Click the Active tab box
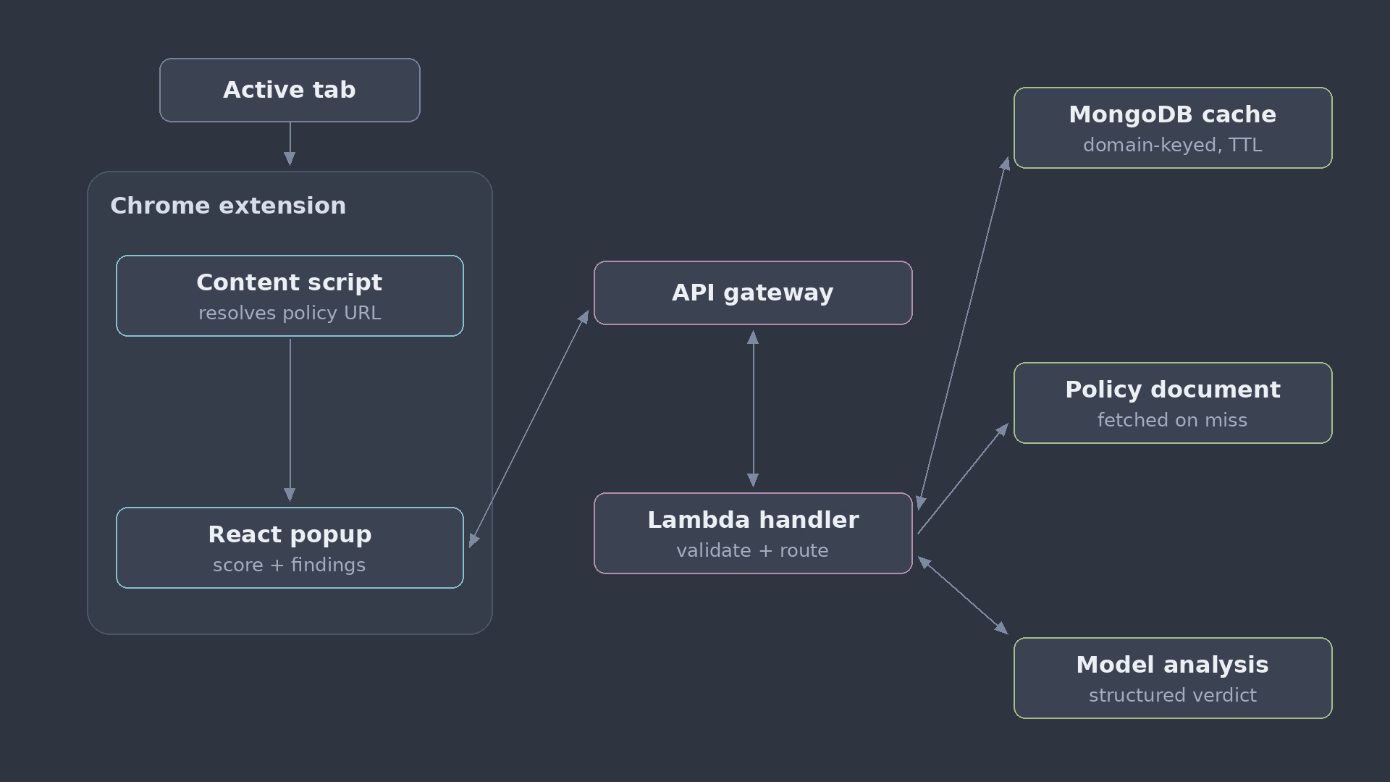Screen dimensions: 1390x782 click(x=290, y=90)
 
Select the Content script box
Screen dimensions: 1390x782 click(x=290, y=295)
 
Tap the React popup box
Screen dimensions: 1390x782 click(x=290, y=547)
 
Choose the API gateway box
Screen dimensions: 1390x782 click(x=753, y=293)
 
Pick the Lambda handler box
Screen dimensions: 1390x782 click(x=753, y=533)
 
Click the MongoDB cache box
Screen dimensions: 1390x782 click(x=1173, y=127)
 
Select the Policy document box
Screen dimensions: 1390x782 click(x=1173, y=403)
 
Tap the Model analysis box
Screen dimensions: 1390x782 click(x=1173, y=678)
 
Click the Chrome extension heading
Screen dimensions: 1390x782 click(x=228, y=206)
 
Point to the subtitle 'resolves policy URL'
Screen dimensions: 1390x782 click(x=290, y=313)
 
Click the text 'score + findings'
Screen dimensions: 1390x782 click(x=290, y=565)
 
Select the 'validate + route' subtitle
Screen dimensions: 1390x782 click(x=753, y=550)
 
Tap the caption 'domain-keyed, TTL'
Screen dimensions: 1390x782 click(x=1173, y=145)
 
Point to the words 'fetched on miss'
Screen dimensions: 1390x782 click(x=1173, y=420)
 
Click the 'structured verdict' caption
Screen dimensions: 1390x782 click(x=1173, y=695)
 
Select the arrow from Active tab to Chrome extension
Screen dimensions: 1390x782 click(x=290, y=144)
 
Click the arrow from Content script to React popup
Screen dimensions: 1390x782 click(x=290, y=419)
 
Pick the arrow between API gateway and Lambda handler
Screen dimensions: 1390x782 click(x=753, y=409)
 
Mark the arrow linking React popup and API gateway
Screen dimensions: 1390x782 click(x=529, y=429)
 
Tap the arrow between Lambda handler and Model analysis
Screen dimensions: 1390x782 click(x=963, y=595)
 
